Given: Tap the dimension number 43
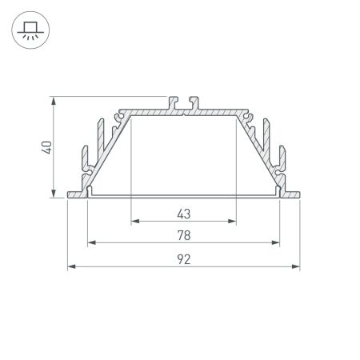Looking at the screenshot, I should pyautogui.click(x=183, y=213).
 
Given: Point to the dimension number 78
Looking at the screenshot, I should pyautogui.click(x=183, y=235).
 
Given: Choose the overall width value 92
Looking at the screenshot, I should pyautogui.click(x=183, y=259).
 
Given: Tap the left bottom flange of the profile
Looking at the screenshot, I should pyautogui.click(x=77, y=193).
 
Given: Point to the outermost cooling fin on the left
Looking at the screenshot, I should pyautogui.click(x=83, y=160).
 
